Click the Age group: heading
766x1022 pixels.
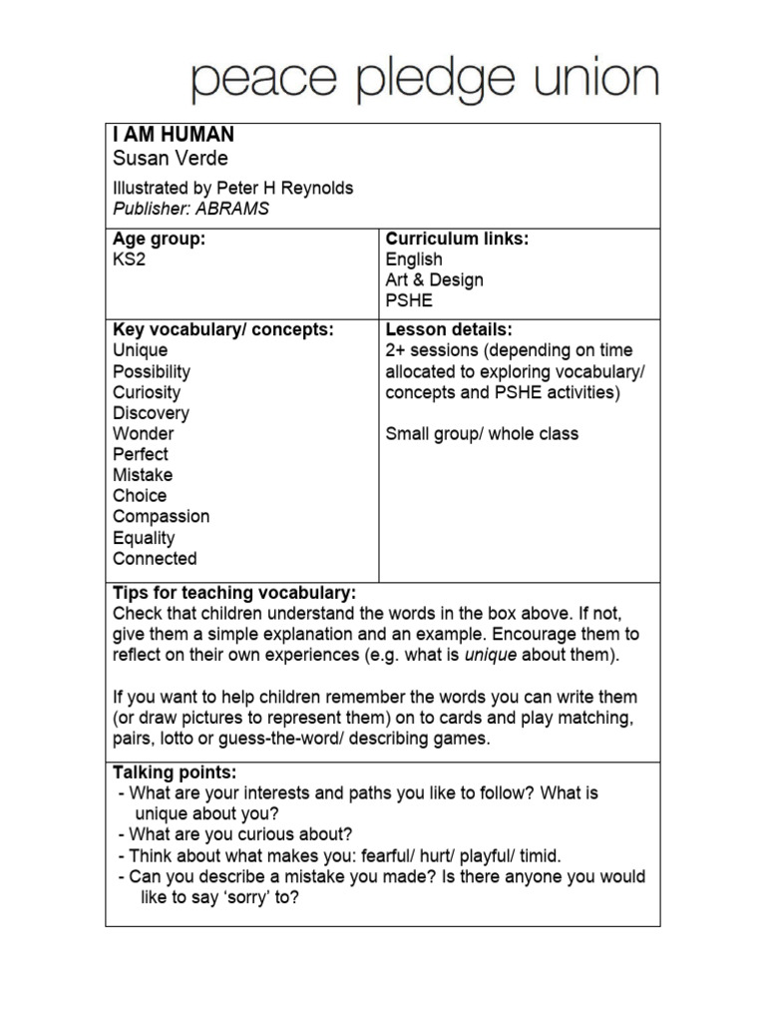tap(159, 240)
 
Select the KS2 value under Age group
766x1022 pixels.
tap(131, 259)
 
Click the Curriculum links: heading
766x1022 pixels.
tap(457, 240)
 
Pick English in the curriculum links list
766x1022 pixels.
tap(414, 259)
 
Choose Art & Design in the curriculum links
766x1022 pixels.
tap(434, 280)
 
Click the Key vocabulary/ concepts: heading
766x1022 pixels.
tap(223, 329)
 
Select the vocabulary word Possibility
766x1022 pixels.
tap(152, 371)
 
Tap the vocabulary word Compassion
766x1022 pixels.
tap(161, 517)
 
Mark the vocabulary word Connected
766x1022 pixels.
tap(155, 559)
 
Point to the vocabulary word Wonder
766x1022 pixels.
tap(143, 434)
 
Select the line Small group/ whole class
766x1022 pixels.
tap(482, 434)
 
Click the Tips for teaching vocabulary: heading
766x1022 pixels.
tap(233, 592)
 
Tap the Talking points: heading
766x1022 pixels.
tap(175, 772)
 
